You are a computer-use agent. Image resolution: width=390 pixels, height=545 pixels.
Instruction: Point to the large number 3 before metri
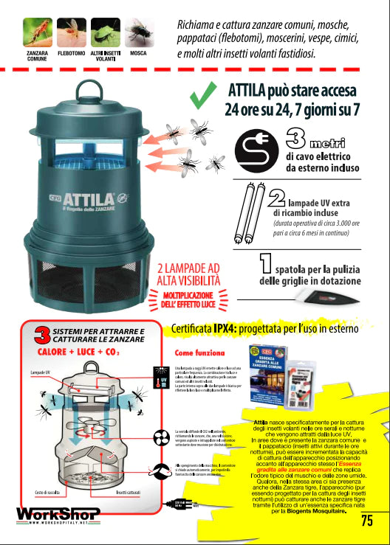(295, 139)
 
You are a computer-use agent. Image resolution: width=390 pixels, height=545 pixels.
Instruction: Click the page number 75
(367, 521)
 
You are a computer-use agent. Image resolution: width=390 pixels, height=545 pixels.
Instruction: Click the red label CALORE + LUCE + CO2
(78, 352)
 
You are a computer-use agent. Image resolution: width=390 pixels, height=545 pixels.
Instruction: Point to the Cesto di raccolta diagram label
(47, 492)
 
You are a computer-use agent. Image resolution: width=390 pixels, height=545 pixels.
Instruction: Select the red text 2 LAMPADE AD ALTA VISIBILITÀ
(188, 274)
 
